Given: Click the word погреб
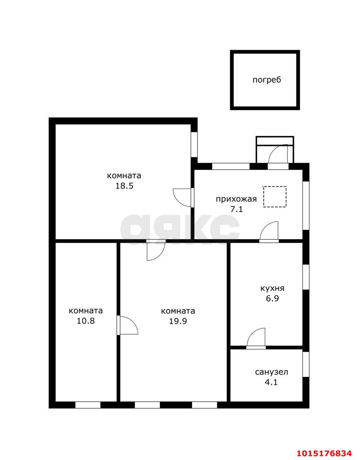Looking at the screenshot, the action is click(x=266, y=80).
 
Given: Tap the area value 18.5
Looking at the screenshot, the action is click(x=124, y=186).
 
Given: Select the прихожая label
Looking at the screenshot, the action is click(x=236, y=199).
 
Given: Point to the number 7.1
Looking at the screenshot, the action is click(x=237, y=210).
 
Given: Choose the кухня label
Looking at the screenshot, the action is click(x=272, y=288).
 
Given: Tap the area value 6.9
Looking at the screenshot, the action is click(x=273, y=298).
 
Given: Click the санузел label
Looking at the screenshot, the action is click(x=272, y=372).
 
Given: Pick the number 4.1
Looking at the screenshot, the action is click(x=271, y=382).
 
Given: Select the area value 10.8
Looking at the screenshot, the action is click(x=86, y=321).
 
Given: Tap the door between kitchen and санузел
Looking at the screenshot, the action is click(x=256, y=339).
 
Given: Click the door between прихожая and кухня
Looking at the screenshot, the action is click(x=269, y=232).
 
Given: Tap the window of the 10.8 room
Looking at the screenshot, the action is click(x=88, y=405).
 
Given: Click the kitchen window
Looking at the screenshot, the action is click(x=306, y=277).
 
